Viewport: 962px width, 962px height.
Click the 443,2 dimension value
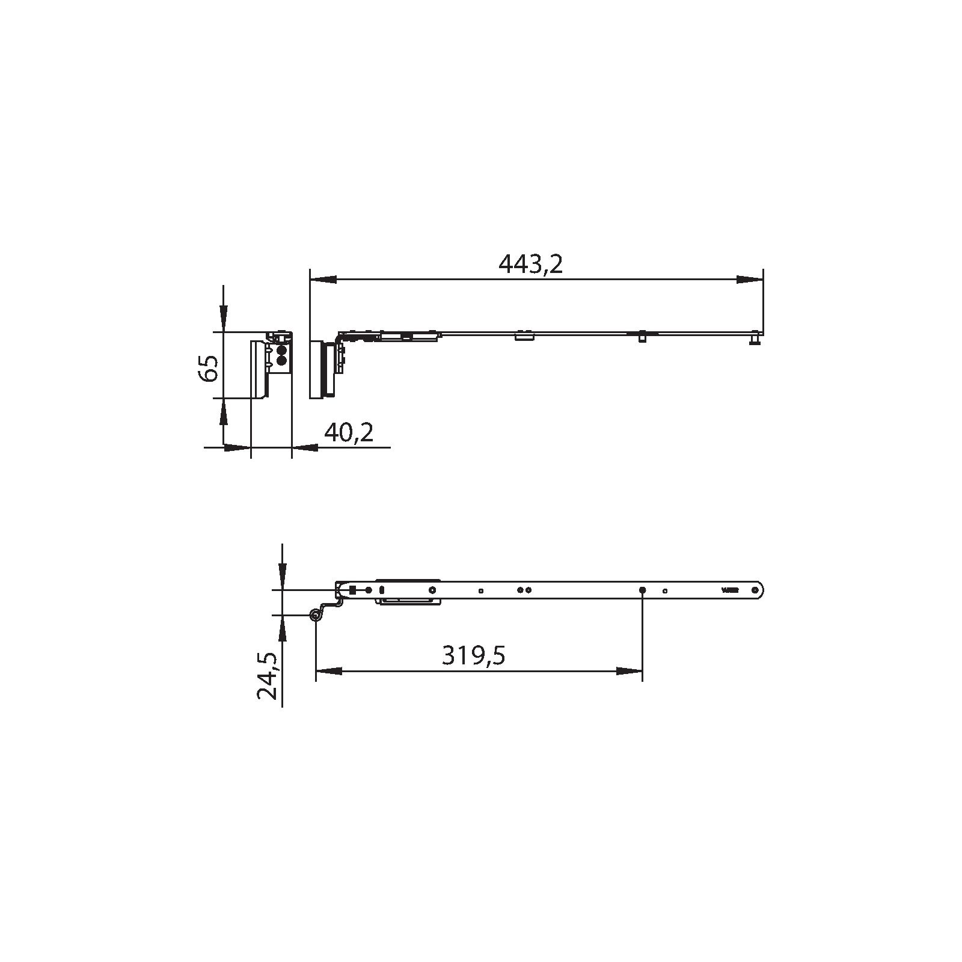pyautogui.click(x=530, y=264)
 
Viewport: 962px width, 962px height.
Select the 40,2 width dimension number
pyautogui.click(x=349, y=432)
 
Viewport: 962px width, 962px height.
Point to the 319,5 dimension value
pyautogui.click(x=473, y=655)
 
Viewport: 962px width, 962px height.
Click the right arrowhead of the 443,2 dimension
pyautogui.click(x=749, y=280)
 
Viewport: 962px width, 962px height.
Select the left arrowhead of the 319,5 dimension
pyautogui.click(x=329, y=671)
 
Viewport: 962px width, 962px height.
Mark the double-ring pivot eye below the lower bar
pyautogui.click(x=314, y=614)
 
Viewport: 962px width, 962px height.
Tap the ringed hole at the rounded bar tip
pyautogui.click(x=755, y=590)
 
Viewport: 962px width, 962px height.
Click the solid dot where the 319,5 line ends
pyautogui.click(x=642, y=590)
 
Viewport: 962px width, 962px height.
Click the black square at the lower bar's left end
pyautogui.click(x=353, y=590)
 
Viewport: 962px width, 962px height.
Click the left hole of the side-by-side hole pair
pyautogui.click(x=520, y=590)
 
